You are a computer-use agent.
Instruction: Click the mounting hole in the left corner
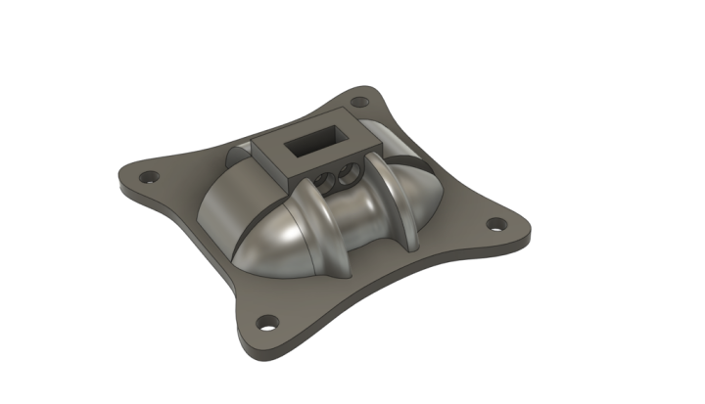click(x=149, y=179)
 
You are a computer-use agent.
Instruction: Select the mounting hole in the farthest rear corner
click(x=360, y=102)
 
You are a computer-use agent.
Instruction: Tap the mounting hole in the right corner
click(x=496, y=224)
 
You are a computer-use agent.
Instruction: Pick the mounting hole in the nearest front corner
click(x=265, y=321)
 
